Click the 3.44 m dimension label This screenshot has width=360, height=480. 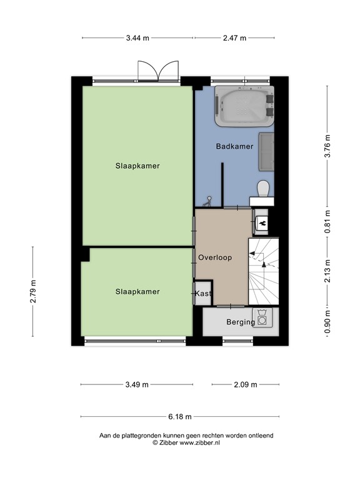137,37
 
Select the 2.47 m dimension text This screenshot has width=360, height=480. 236,37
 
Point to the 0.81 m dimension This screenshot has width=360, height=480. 327,221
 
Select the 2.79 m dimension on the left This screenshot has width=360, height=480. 34,291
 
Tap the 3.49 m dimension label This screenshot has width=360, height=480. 136,384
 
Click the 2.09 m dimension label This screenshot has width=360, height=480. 246,384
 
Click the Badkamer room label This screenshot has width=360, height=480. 234,147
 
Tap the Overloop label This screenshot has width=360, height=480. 215,257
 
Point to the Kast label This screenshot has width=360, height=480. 203,293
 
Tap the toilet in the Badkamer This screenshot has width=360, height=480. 263,188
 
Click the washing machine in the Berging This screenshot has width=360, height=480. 262,317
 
